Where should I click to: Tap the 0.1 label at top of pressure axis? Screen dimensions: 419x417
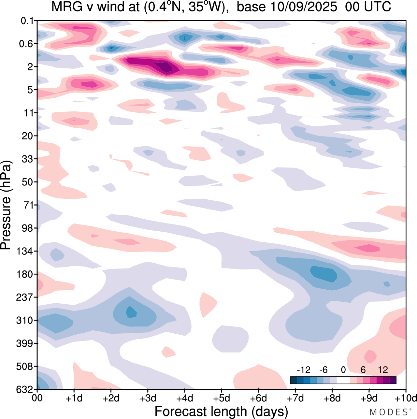(27, 21)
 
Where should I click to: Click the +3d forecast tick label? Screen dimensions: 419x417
(148, 398)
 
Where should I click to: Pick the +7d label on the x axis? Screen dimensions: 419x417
(295, 398)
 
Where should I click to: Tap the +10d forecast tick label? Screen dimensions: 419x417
(405, 398)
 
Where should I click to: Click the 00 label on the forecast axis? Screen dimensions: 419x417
(37, 398)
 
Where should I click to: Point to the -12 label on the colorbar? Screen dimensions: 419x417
(303, 370)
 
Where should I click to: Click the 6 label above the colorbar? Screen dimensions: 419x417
(363, 370)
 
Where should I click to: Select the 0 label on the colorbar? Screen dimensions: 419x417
(343, 370)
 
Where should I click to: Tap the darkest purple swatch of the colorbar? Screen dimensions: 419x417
(393, 380)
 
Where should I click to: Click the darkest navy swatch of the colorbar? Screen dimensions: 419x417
(294, 380)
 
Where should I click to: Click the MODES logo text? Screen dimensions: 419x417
(388, 412)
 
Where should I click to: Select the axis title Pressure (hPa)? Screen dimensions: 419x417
(6, 205)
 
